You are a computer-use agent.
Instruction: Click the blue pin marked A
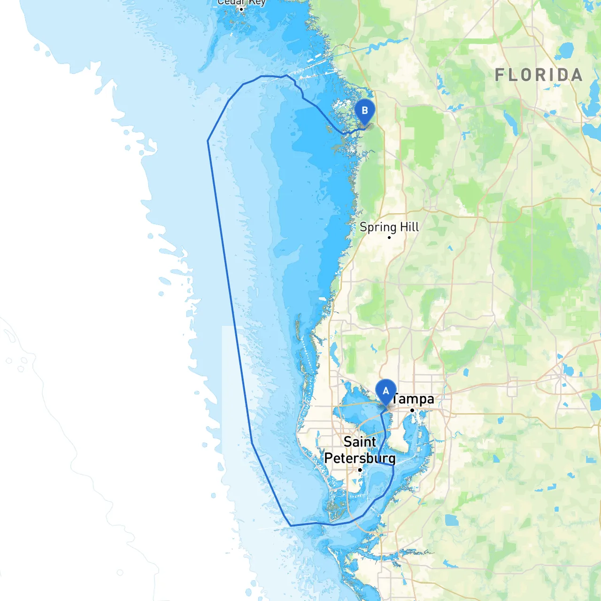(386, 391)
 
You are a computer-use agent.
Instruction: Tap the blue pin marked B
(365, 111)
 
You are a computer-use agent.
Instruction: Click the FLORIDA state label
(539, 75)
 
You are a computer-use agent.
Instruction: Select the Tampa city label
(413, 399)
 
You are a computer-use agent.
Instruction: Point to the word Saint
(360, 442)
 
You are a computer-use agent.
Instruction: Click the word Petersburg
(360, 458)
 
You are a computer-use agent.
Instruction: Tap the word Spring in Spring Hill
(378, 228)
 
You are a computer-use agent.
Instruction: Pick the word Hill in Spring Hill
(409, 227)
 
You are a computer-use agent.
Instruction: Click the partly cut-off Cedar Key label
(241, 2)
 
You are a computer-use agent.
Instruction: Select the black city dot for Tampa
(412, 410)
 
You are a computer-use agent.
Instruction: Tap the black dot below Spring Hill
(389, 238)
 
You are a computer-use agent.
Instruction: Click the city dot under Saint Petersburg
(360, 470)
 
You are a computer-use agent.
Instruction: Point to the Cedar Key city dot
(241, 9)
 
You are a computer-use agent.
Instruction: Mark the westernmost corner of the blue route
(208, 140)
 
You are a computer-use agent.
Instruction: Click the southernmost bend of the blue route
(291, 525)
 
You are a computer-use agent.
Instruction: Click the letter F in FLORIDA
(500, 75)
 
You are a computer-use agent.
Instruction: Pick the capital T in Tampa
(395, 399)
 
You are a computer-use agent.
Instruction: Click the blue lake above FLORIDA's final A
(567, 50)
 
